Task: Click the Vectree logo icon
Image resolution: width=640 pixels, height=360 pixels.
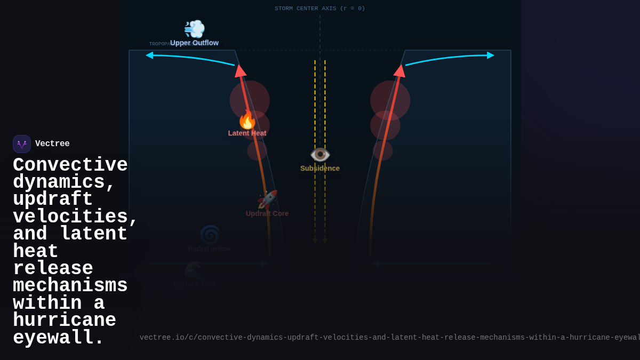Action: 22,144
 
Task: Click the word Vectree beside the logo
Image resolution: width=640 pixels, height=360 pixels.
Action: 52,144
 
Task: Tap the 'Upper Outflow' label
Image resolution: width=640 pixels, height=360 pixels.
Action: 194,43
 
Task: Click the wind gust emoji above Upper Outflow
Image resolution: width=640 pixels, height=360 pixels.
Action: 194,29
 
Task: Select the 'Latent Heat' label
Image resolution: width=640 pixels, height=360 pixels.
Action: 247,133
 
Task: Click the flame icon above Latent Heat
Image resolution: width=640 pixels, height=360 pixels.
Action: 247,120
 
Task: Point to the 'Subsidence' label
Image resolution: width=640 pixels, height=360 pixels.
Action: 320,169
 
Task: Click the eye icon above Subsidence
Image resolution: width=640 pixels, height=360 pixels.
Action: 320,155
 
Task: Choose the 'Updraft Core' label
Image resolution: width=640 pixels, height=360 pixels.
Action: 267,213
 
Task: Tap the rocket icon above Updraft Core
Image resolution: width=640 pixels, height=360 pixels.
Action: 267,199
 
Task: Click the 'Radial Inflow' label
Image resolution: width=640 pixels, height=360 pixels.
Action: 210,249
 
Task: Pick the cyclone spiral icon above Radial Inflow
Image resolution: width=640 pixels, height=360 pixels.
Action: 210,235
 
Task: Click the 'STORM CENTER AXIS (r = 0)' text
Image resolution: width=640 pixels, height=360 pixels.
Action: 320,9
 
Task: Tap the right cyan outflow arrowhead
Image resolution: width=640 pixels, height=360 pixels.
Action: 490,55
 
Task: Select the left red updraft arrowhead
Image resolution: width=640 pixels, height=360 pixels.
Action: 240,70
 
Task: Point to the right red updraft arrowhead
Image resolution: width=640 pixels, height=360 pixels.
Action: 399,70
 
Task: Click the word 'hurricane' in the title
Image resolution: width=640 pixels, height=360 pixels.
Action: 65,321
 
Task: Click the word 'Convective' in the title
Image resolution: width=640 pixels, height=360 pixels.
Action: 70,165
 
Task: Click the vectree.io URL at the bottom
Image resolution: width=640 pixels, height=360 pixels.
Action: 389,338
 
